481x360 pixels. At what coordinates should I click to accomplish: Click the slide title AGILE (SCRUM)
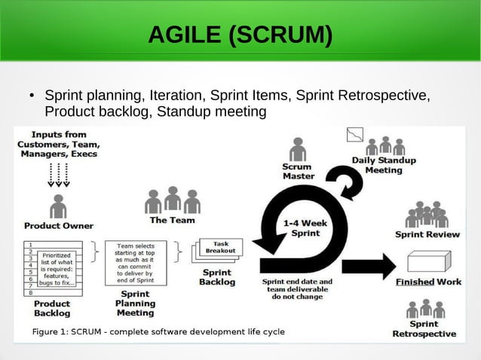(240, 35)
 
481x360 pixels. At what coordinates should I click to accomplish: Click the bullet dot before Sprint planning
(32, 97)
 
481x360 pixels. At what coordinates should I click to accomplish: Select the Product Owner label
(59, 225)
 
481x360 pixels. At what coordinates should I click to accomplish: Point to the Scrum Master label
(298, 171)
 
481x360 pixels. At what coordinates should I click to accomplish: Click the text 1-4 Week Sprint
(305, 228)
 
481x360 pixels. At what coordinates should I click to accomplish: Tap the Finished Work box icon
(428, 262)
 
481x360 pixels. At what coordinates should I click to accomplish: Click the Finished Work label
(428, 282)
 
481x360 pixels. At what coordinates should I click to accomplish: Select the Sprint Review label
(427, 234)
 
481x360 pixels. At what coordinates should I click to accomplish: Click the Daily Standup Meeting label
(384, 165)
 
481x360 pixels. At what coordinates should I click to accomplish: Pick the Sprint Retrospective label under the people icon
(424, 328)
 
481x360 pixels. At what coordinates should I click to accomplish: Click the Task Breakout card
(220, 247)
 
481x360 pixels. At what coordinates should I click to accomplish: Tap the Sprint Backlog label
(217, 277)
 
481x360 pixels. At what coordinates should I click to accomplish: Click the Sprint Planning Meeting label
(135, 304)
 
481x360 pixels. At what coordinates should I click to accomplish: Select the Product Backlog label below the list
(52, 308)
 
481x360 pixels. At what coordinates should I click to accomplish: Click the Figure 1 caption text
(158, 332)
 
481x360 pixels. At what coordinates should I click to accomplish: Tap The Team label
(172, 220)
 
